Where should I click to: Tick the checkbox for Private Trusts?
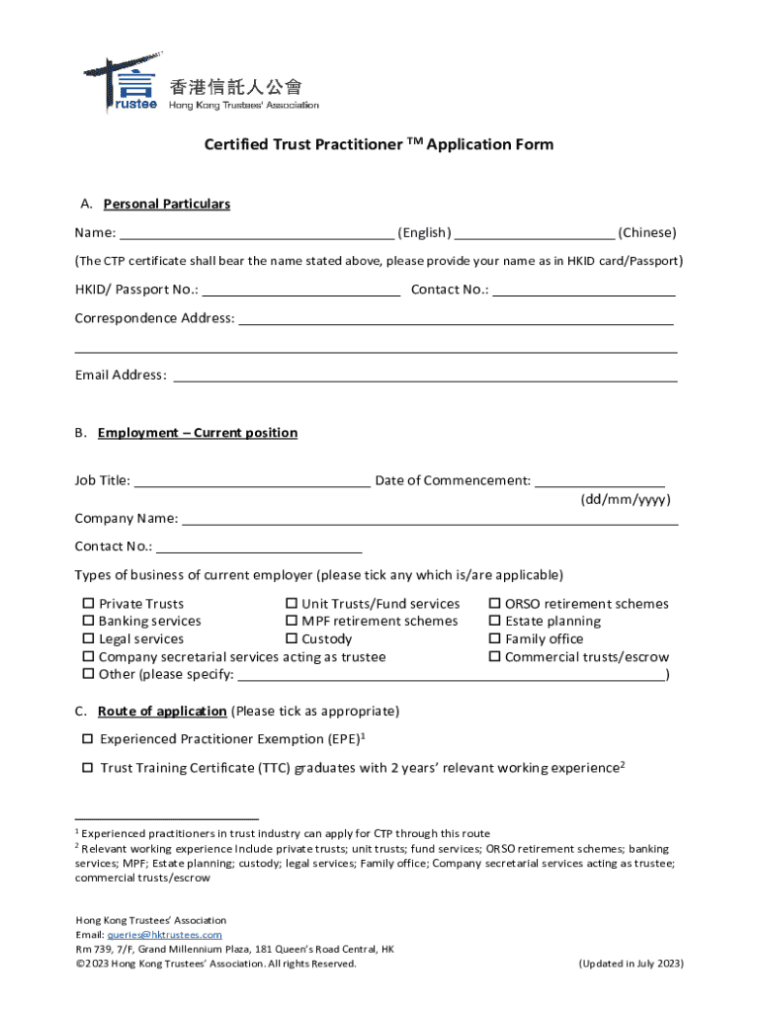pyautogui.click(x=88, y=604)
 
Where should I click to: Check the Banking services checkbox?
pyautogui.click(x=88, y=622)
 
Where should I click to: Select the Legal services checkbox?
pyautogui.click(x=88, y=639)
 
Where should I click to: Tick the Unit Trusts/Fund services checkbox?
pyautogui.click(x=292, y=604)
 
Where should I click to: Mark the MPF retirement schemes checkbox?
pyautogui.click(x=292, y=622)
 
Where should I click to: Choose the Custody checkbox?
pyautogui.click(x=292, y=639)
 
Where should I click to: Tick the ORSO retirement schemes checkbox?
pyautogui.click(x=495, y=604)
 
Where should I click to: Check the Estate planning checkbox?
pyautogui.click(x=495, y=622)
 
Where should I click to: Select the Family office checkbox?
pyautogui.click(x=495, y=639)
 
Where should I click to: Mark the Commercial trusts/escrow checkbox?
pyautogui.click(x=495, y=657)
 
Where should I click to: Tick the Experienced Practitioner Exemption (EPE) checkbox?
pyautogui.click(x=87, y=739)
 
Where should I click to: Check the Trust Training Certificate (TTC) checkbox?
pyautogui.click(x=87, y=768)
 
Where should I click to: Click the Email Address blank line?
pyautogui.click(x=425, y=377)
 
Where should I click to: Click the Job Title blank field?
pyautogui.click(x=252, y=481)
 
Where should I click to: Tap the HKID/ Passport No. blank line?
pyautogui.click(x=301, y=291)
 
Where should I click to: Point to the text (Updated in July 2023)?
pyautogui.click(x=631, y=964)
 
